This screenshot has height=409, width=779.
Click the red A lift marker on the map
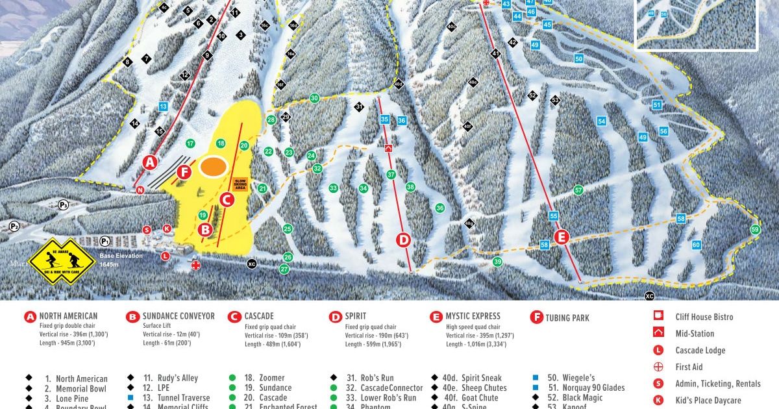[151, 162]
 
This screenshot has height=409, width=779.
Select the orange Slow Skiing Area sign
[239, 184]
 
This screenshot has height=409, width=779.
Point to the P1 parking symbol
[105, 241]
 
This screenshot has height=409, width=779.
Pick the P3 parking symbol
[64, 204]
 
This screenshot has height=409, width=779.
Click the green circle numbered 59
[754, 229]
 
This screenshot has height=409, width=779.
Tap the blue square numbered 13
[163, 106]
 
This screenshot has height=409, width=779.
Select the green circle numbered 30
[314, 98]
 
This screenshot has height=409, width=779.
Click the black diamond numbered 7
[146, 59]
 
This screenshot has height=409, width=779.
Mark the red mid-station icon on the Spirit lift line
[388, 148]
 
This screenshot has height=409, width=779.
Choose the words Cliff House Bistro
[704, 317]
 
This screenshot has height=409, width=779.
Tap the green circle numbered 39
[497, 262]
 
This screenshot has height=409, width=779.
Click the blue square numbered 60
[696, 245]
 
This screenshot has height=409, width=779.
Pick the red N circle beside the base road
[140, 190]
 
